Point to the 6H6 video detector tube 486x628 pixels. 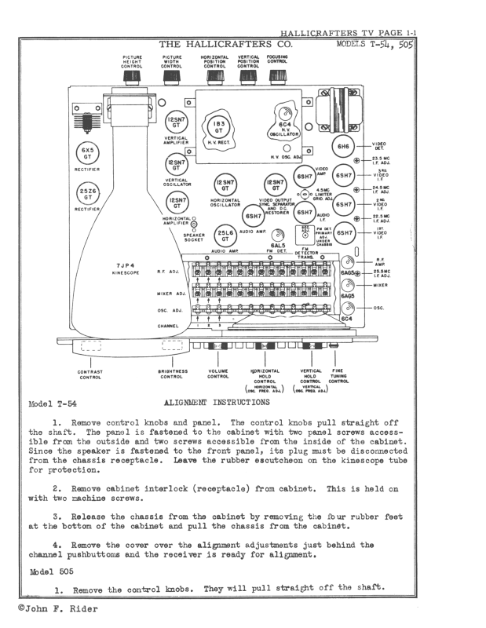click(x=343, y=147)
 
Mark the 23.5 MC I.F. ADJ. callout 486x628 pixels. click(x=384, y=160)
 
